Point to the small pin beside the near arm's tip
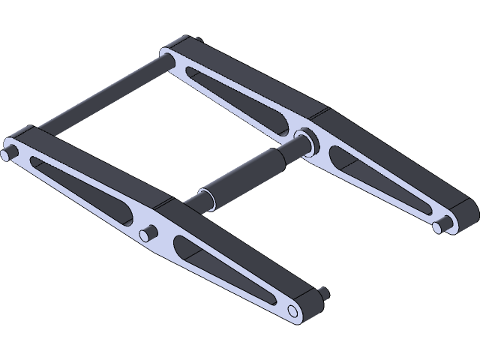[x=323, y=294]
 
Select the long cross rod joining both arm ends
[x=97, y=97]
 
